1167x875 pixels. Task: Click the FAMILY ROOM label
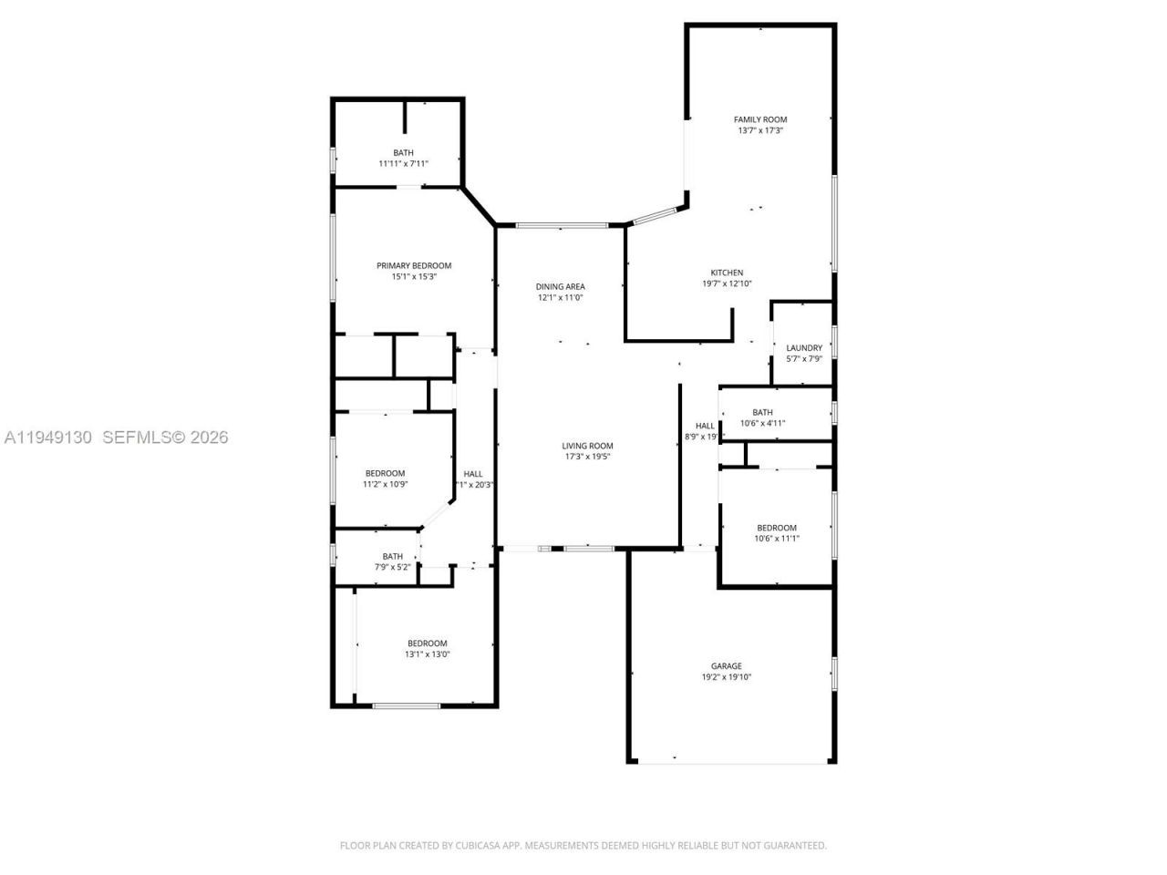(760, 119)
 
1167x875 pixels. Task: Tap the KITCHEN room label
(727, 273)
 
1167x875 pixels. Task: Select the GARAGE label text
(727, 666)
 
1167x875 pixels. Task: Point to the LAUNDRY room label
(804, 348)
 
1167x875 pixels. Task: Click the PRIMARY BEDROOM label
(414, 266)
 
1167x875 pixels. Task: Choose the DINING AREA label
(560, 286)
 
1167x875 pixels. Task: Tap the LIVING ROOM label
(587, 446)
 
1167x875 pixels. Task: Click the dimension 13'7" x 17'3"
(760, 131)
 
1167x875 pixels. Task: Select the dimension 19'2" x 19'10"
(727, 677)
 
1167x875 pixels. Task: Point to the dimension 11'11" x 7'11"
(403, 164)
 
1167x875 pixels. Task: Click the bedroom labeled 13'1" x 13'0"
(427, 643)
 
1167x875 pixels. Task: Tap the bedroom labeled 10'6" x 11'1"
(776, 528)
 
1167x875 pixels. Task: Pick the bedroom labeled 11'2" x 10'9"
(385, 473)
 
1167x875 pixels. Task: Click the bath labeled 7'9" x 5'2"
(392, 556)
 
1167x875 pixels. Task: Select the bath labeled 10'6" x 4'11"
(762, 412)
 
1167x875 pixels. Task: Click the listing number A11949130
(48, 437)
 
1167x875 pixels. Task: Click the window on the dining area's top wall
(562, 224)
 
